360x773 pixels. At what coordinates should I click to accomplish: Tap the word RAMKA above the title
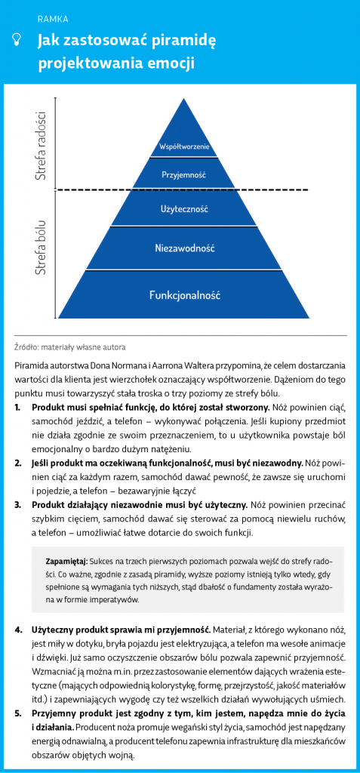(53, 20)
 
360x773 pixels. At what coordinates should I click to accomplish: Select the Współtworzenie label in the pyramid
(185, 146)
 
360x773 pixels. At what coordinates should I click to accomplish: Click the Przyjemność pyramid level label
(183, 175)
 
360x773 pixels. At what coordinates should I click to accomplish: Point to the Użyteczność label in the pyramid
(184, 209)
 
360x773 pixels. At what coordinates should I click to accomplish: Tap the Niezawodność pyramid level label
(184, 248)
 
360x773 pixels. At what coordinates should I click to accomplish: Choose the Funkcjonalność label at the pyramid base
(184, 296)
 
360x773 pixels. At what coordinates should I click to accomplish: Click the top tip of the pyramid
(184, 99)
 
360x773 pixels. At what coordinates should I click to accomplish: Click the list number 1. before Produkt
(18, 408)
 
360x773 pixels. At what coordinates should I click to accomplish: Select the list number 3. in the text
(18, 505)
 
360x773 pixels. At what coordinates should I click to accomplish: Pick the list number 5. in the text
(18, 714)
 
